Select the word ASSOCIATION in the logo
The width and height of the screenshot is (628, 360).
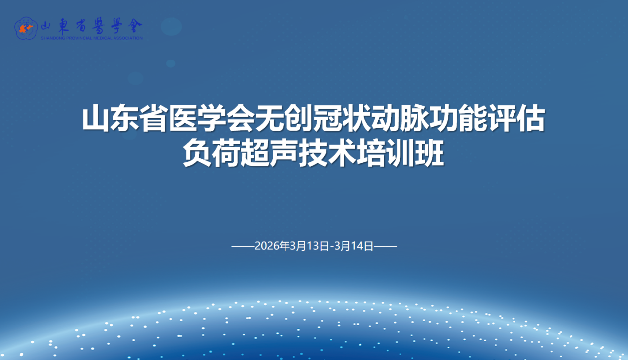pos(127,38)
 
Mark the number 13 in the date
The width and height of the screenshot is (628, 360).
pos(314,246)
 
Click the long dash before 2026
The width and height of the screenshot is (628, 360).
pos(243,246)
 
